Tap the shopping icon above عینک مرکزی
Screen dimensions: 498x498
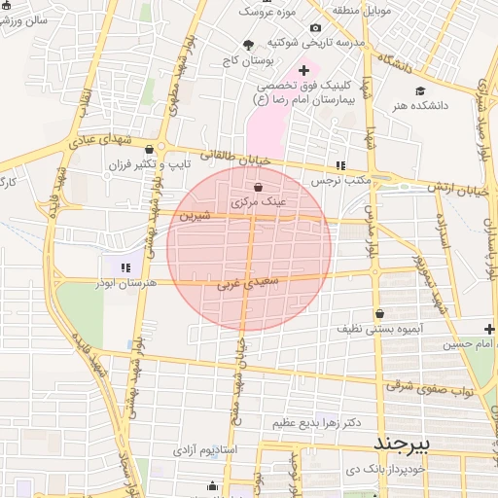[x=258, y=187]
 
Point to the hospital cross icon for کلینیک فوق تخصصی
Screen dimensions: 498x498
[x=303, y=70]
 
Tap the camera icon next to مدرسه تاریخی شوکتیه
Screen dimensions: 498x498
[x=316, y=28]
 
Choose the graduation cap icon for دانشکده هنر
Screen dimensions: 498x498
[x=419, y=90]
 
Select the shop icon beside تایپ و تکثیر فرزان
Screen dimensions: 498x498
[x=149, y=149]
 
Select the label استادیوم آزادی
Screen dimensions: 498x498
[x=203, y=451]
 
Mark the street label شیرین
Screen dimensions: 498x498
[x=194, y=215]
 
